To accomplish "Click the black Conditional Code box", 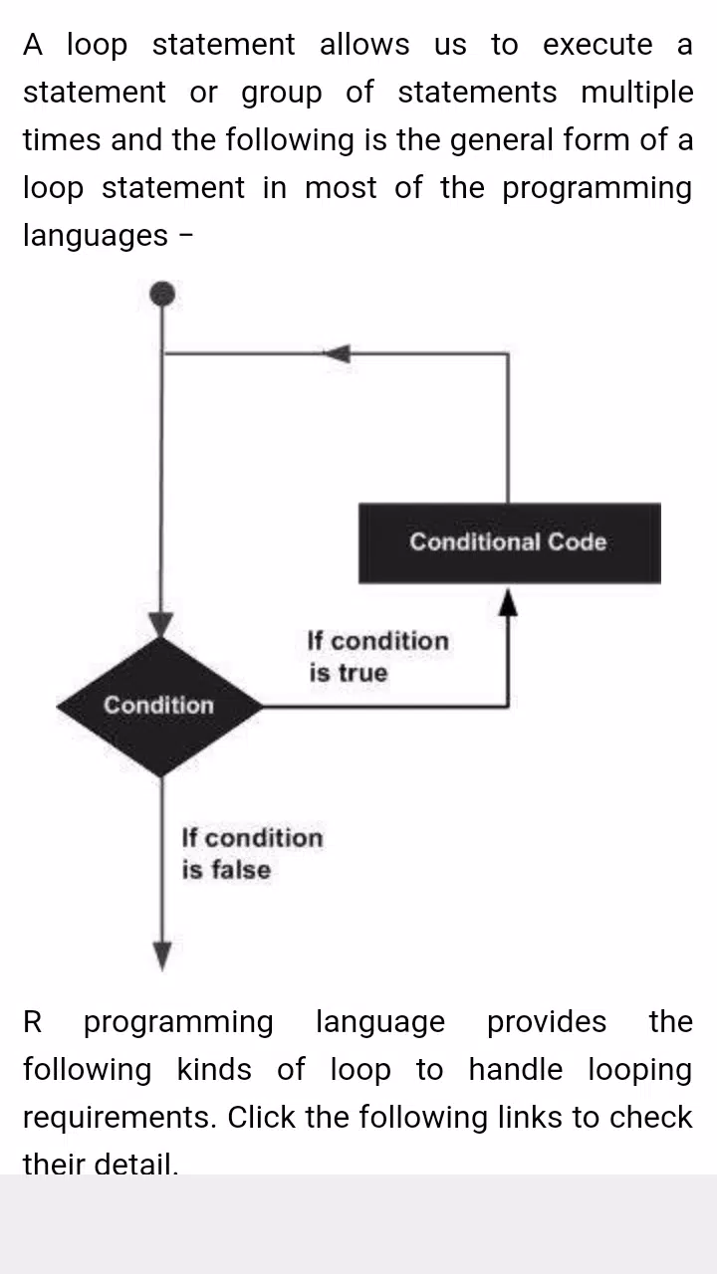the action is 509,542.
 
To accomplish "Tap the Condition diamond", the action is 160,707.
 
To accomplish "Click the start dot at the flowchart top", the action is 162,294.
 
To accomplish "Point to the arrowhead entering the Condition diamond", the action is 161,624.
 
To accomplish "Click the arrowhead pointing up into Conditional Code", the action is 508,603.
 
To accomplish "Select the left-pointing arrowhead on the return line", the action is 338,353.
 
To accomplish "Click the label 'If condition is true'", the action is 377,656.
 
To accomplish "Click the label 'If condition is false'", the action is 252,853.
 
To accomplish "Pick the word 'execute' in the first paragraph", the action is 597,45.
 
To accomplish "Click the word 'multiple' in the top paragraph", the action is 636,93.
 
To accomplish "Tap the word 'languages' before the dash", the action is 96,236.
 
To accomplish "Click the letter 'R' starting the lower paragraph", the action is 33,1021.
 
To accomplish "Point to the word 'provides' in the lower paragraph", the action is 547,1021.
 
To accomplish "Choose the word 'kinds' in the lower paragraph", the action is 214,1069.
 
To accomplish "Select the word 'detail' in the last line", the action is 135,1164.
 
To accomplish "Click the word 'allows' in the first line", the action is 364,45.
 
